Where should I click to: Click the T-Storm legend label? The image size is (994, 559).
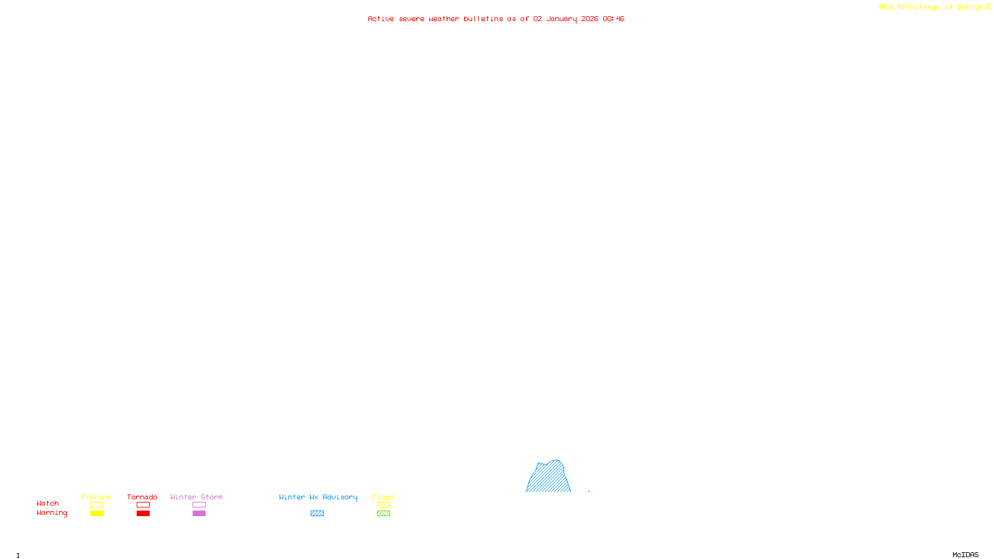96,497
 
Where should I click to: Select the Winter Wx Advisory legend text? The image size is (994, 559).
318,497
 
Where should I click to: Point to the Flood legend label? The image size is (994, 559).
383,497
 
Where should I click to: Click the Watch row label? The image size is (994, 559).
48,503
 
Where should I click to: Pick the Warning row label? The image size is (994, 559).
52,513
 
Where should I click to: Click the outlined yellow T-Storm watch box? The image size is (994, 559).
96,505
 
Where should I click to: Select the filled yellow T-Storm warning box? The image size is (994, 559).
96,514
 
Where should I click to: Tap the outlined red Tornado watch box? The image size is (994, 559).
143,505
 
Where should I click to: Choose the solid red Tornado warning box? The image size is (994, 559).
143,514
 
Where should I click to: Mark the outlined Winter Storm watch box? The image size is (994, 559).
199,505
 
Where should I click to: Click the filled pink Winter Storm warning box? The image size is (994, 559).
199,514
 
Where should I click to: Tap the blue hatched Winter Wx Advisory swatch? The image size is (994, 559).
317,514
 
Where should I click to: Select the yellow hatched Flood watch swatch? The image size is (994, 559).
383,505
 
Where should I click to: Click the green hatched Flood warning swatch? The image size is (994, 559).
383,514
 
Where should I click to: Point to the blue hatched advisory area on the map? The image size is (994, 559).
549,479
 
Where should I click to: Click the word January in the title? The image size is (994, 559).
561,19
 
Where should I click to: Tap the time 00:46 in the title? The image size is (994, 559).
613,19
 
